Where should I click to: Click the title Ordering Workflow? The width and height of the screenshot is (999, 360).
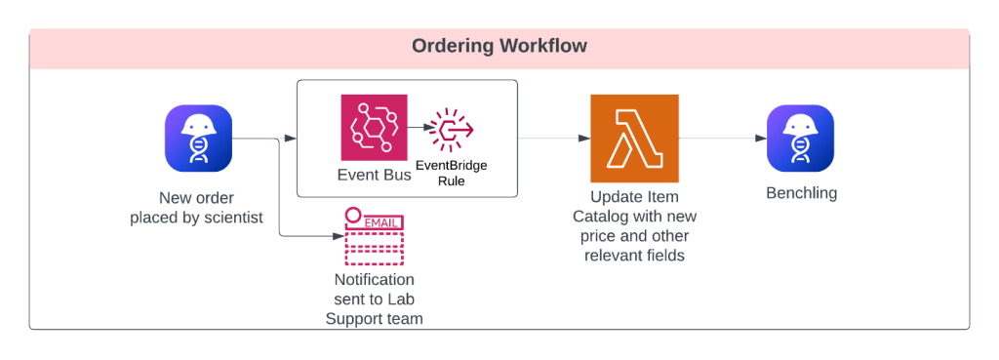499,46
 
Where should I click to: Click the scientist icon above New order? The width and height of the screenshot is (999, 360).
198,139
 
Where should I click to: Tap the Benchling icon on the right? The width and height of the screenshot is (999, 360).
800,139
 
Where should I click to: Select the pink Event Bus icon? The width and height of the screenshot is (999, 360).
374,127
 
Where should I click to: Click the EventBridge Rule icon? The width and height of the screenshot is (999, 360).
452,129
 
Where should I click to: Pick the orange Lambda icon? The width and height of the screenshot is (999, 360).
634,138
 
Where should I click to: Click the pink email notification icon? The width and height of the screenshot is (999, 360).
374,237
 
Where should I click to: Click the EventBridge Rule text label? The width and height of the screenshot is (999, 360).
452,173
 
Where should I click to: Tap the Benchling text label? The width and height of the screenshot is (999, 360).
800,193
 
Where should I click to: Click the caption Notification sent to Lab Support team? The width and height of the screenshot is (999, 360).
375,299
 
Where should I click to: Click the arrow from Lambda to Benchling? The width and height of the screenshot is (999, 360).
722,139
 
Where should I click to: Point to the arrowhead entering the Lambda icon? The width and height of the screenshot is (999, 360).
584,139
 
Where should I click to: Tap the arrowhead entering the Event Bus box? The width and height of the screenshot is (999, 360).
291,139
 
